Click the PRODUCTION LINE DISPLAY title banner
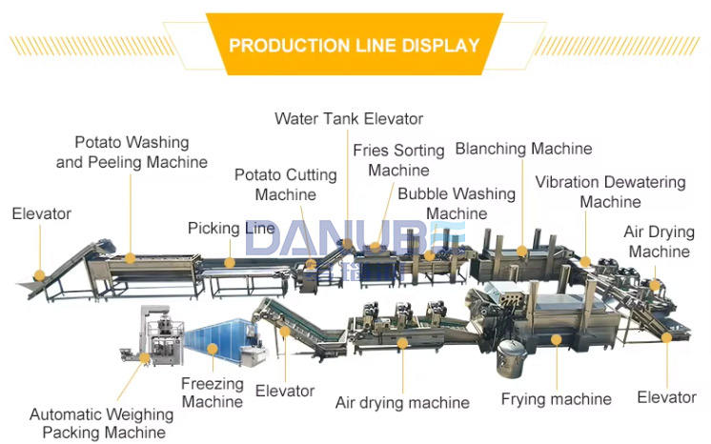point(355,45)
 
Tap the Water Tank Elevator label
point(349,119)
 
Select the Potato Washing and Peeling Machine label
point(132,152)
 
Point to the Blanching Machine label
point(523,149)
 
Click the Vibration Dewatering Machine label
point(610,192)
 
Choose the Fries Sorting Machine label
point(398,160)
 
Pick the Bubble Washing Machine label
point(457,203)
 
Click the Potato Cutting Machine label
point(285,184)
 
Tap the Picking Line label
point(232,229)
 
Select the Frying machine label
point(556,398)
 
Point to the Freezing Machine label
point(213,393)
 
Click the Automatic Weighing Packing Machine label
point(101,424)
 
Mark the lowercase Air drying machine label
point(402,402)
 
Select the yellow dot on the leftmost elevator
point(39,275)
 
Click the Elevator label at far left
point(41,214)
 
